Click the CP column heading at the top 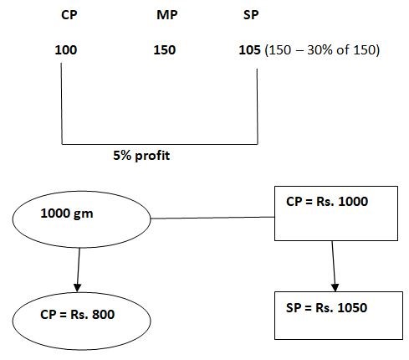[x=69, y=15]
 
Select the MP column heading [x=166, y=15]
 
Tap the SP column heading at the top [x=251, y=15]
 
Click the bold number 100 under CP [x=66, y=50]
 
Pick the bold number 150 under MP [x=165, y=50]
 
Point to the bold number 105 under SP [x=249, y=50]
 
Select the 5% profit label [x=141, y=156]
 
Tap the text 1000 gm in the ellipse [x=67, y=213]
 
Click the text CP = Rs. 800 [x=77, y=315]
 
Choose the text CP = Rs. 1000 [x=327, y=202]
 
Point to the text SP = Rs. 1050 [x=326, y=307]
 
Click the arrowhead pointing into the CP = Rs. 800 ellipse [x=77, y=288]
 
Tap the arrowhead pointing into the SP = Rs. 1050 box [x=335, y=287]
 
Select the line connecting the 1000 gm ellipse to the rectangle [x=212, y=218]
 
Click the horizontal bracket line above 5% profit [x=160, y=144]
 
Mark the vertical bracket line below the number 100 [x=61, y=104]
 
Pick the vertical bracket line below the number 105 [x=257, y=106]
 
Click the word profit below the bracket [x=152, y=156]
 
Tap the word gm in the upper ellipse [x=84, y=214]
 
